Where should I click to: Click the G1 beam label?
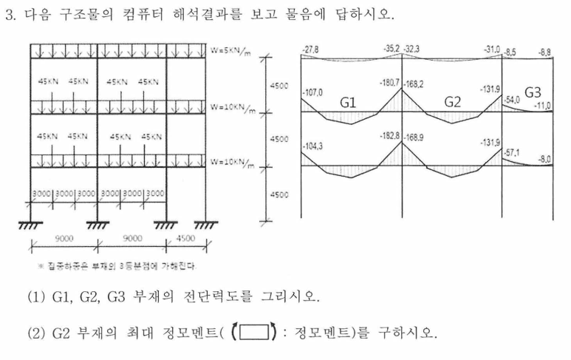[x=350, y=103]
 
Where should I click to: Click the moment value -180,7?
[x=389, y=84]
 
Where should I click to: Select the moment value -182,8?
[x=389, y=137]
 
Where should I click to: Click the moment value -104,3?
[x=314, y=147]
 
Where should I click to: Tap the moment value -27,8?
[x=312, y=48]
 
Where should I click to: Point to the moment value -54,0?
[x=512, y=98]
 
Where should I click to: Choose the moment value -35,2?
[x=392, y=48]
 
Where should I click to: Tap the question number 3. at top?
[x=10, y=15]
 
